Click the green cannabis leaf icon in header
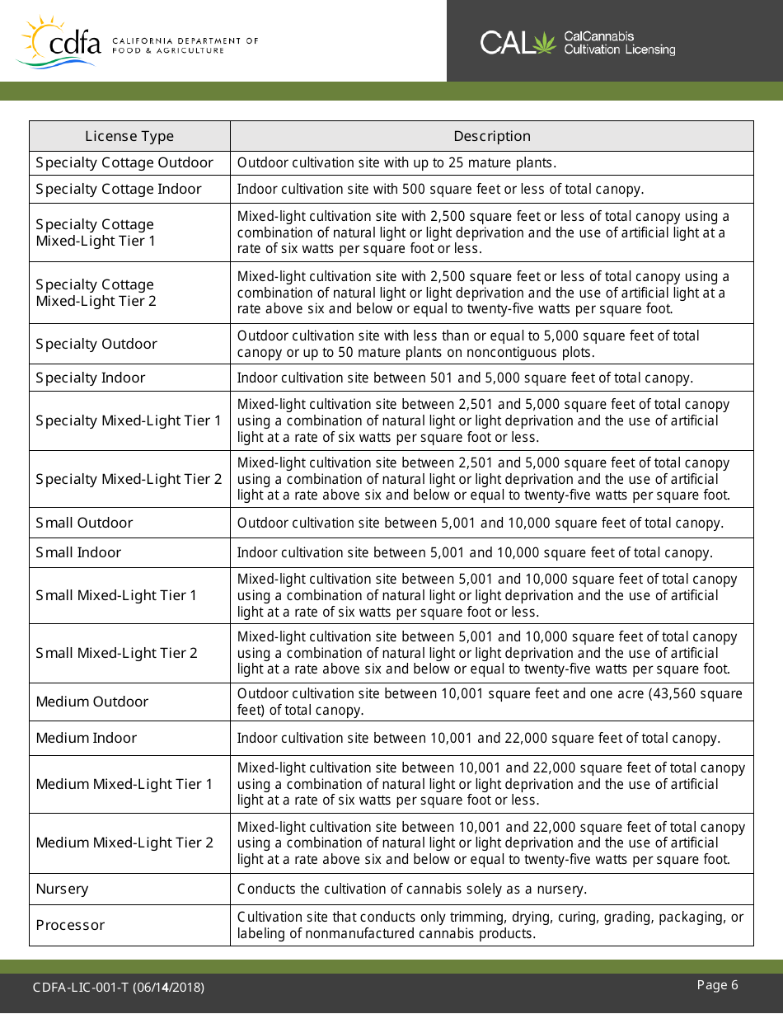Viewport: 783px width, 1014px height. click(x=545, y=43)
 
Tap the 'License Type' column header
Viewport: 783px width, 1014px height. click(x=129, y=136)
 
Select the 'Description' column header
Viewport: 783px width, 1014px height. click(x=491, y=136)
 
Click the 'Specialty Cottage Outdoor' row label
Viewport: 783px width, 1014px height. click(x=124, y=163)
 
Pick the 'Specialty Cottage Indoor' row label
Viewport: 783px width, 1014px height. click(x=119, y=189)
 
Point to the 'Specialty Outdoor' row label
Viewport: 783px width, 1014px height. click(x=96, y=344)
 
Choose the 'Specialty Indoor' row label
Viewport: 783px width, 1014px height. click(x=91, y=378)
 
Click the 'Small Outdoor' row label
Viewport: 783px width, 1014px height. click(x=84, y=523)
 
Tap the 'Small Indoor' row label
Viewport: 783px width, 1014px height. click(x=78, y=552)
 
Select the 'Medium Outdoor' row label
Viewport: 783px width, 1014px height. click(x=92, y=702)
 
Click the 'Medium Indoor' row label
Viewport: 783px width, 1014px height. click(x=87, y=738)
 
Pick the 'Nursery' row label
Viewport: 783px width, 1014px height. click(x=62, y=889)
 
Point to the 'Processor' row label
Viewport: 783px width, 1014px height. click(x=70, y=925)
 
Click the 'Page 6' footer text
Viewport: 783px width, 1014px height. click(x=717, y=985)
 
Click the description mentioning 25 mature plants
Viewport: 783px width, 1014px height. click(x=397, y=163)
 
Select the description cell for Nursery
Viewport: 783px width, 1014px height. click(x=412, y=889)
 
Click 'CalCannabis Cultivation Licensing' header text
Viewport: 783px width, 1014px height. click(x=619, y=43)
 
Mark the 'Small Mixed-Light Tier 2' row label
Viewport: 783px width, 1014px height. click(x=117, y=653)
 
